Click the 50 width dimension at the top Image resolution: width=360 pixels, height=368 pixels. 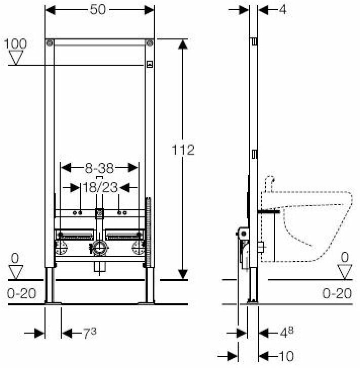coord(100,9)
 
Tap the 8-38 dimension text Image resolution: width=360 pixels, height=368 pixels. coord(100,166)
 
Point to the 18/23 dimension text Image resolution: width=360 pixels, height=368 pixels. coord(100,188)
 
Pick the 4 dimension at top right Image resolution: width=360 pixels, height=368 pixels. coord(282,9)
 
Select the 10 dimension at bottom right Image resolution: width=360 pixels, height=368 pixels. coord(286,355)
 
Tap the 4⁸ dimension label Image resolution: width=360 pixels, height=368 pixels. coord(286,333)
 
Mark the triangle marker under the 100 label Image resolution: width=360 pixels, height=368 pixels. coord(17,58)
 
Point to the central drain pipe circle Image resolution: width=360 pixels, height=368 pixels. coord(100,248)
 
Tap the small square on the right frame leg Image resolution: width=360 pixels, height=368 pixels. coord(149,64)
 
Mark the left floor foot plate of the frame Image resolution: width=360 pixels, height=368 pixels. coord(53,303)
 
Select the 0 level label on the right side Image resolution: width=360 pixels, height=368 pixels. coord(345,258)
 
